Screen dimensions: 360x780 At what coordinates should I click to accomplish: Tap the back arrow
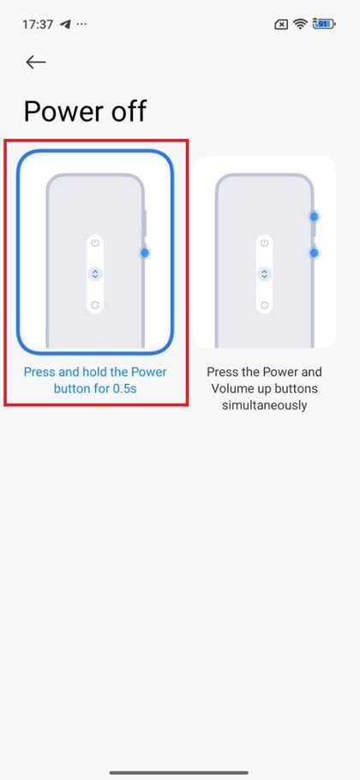36,62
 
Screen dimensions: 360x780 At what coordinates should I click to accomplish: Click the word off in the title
128,110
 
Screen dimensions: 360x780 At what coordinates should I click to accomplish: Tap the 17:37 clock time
38,24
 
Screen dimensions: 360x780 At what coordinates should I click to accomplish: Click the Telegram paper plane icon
65,24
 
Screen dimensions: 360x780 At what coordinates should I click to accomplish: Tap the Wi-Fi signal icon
300,24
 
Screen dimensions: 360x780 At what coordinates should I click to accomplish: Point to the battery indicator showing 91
324,23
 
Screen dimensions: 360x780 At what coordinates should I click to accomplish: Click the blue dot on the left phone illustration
145,253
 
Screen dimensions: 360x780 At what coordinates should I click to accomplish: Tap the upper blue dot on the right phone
314,216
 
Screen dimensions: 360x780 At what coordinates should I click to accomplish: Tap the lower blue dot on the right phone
314,253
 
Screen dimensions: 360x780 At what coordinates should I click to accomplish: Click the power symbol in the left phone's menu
95,243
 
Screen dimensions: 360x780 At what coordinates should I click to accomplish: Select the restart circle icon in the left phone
95,305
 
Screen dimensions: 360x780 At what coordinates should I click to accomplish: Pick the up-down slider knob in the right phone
265,273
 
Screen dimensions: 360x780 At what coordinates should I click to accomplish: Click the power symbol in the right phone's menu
265,243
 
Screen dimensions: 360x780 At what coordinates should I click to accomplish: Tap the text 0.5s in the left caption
124,388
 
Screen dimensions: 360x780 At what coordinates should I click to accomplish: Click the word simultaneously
265,405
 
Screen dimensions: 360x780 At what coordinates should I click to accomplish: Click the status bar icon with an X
281,24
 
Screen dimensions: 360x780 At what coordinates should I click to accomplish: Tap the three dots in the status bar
82,23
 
